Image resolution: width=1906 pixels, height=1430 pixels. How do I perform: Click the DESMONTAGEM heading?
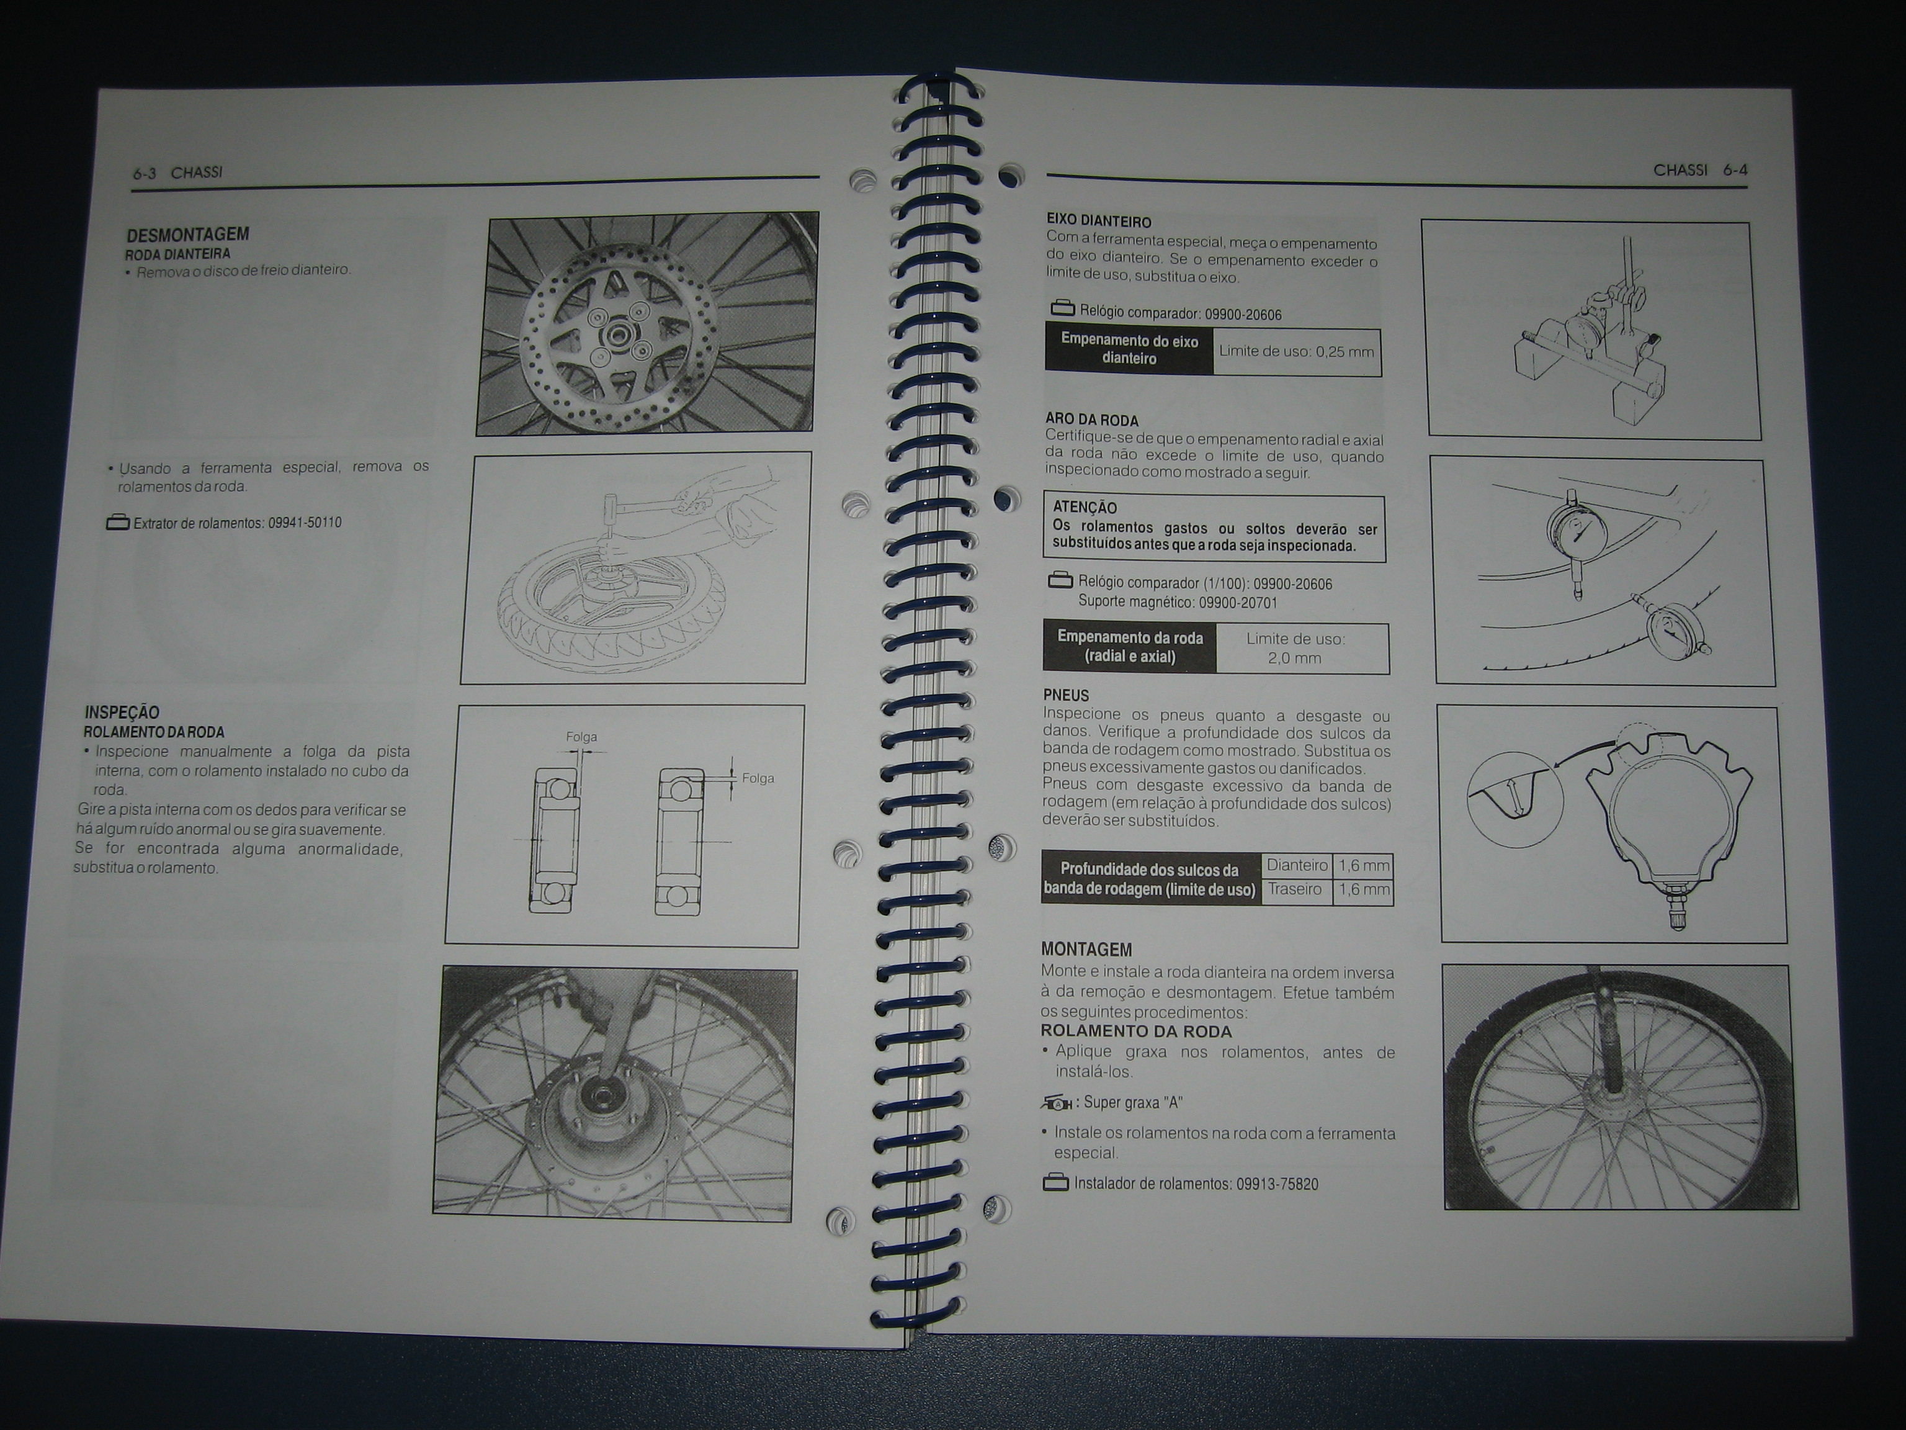pyautogui.click(x=188, y=235)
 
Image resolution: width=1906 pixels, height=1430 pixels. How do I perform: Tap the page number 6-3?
pyautogui.click(x=144, y=173)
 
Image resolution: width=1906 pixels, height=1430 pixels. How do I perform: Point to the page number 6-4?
pyautogui.click(x=1735, y=170)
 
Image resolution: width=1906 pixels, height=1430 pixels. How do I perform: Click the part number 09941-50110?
pyautogui.click(x=304, y=523)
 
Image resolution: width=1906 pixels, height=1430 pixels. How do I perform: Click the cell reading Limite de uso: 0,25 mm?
pyautogui.click(x=1296, y=352)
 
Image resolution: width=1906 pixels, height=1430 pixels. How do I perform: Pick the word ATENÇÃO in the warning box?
pyautogui.click(x=1084, y=508)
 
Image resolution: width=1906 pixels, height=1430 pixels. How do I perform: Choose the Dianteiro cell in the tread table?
pyautogui.click(x=1296, y=865)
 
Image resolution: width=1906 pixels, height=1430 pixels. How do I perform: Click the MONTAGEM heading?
pyautogui.click(x=1086, y=949)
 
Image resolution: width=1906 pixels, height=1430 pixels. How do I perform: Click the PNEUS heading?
pyautogui.click(x=1066, y=695)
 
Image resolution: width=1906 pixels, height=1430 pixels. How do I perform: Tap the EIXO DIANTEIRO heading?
pyautogui.click(x=1099, y=222)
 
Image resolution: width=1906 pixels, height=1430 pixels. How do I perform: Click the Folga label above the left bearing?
pyautogui.click(x=581, y=737)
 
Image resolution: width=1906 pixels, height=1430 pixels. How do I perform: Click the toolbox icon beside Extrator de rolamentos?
pyautogui.click(x=117, y=523)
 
